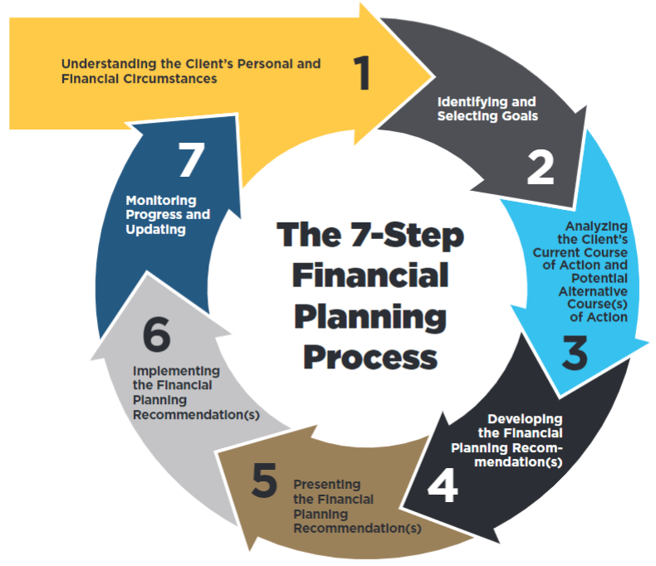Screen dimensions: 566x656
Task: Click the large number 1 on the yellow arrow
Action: pos(360,73)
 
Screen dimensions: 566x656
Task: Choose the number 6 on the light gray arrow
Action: pos(156,336)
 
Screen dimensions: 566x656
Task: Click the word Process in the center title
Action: pos(369,356)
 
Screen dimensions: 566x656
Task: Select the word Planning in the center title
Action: pos(370,315)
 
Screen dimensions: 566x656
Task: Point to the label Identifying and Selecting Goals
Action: pos(487,109)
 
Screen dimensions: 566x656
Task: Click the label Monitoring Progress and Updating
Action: pos(168,214)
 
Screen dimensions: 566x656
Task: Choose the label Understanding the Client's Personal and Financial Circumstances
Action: pos(191,71)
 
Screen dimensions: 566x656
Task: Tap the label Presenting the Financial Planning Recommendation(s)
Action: pos(356,505)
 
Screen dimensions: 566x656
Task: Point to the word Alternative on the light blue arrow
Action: pos(592,291)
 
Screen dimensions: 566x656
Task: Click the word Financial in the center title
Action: pos(370,276)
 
